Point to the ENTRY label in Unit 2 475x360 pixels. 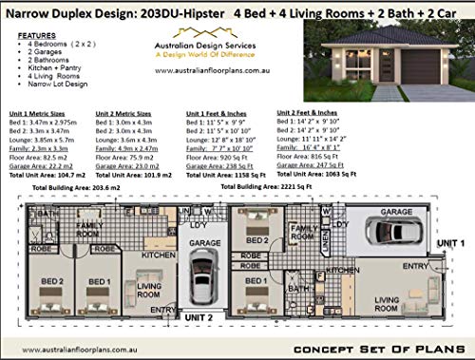(x=161, y=309)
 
